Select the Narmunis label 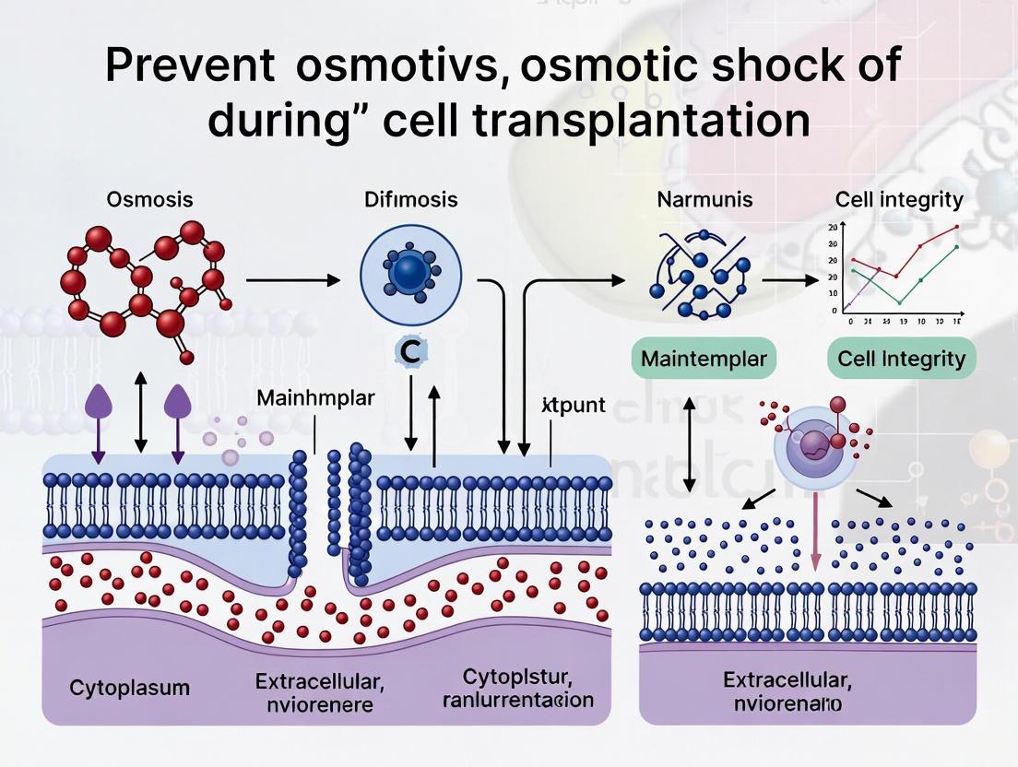pyautogui.click(x=704, y=199)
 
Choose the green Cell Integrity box pyautogui.click(x=902, y=359)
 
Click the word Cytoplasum pyautogui.click(x=116, y=688)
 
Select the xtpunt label pyautogui.click(x=562, y=405)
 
